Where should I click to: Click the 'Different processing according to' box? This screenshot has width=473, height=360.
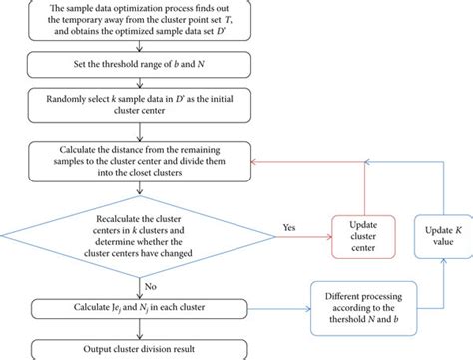[x=375, y=306]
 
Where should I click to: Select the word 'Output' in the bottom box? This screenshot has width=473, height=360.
[x=77, y=349]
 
